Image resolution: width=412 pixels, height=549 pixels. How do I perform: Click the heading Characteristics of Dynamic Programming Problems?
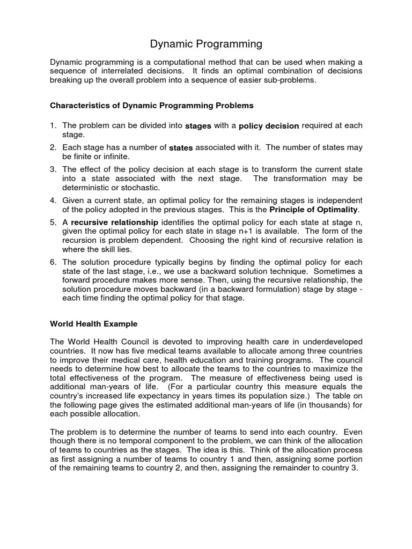[x=151, y=105]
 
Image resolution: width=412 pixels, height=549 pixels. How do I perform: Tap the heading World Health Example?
[x=94, y=324]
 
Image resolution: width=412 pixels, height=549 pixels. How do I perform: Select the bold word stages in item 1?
[x=198, y=127]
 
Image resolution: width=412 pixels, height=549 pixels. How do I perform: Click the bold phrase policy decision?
[x=269, y=127]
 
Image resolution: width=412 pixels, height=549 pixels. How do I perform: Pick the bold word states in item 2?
[x=181, y=148]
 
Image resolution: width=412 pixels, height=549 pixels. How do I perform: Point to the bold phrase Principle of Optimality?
[x=313, y=209]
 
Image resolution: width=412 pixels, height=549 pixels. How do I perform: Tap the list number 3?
[x=53, y=169]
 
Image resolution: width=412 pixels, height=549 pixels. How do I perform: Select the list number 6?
[x=53, y=262]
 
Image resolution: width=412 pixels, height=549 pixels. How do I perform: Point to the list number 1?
[x=53, y=125]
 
